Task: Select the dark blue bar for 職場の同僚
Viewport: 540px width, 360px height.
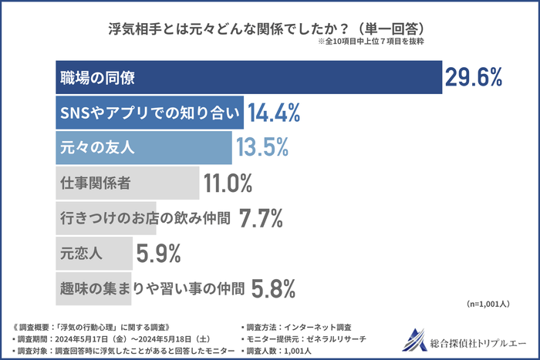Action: [247, 77]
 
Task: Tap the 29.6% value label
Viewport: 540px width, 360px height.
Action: [473, 77]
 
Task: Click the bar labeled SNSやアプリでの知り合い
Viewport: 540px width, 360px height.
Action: [150, 113]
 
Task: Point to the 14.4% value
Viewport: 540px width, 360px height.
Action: [274, 113]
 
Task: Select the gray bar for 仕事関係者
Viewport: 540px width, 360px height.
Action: [127, 183]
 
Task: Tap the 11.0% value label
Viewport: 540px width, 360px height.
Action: [228, 183]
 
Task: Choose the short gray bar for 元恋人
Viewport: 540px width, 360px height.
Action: [93, 253]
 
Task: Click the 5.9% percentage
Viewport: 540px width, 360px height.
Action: [158, 253]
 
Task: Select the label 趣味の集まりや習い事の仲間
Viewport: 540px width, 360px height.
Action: [151, 288]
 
